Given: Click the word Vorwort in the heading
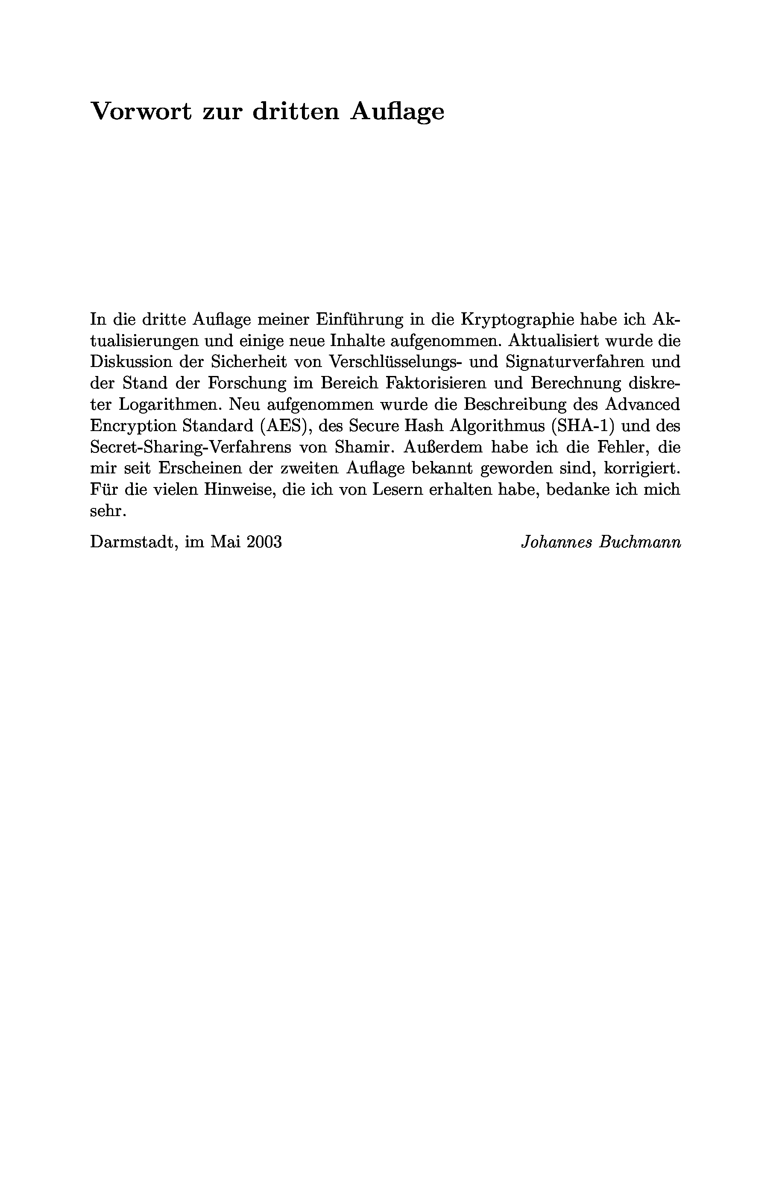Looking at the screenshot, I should (x=141, y=111).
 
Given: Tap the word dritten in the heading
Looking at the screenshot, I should (x=296, y=111).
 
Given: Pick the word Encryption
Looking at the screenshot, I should (x=132, y=426).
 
